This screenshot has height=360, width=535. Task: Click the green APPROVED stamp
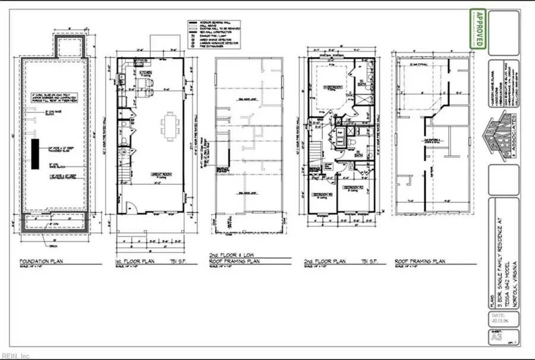(x=477, y=29)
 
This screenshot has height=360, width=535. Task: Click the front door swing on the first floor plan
(x=134, y=208)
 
